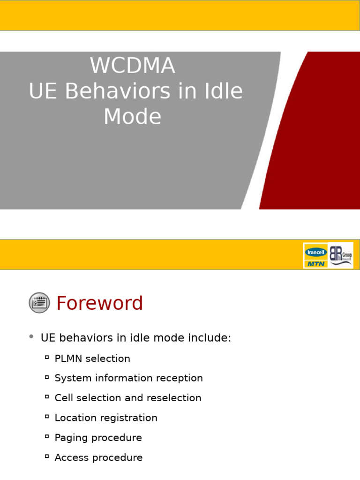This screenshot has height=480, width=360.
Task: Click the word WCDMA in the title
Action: [133, 66]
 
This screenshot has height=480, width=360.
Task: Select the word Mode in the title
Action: [132, 117]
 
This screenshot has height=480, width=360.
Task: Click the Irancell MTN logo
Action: [315, 255]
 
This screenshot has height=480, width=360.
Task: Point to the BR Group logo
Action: [340, 255]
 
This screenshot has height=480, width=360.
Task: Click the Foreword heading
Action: [99, 303]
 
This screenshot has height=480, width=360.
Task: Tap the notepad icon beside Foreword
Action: [39, 303]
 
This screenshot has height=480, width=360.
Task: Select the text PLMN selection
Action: [92, 359]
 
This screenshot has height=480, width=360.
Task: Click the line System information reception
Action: [128, 378]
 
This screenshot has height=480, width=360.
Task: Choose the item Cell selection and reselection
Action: [128, 398]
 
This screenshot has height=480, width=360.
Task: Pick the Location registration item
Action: [106, 418]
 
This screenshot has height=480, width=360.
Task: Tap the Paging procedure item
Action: [98, 438]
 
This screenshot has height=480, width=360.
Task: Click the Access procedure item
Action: [98, 457]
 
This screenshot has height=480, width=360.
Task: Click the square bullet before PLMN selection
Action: [47, 358]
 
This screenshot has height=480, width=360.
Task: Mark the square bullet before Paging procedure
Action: [47, 437]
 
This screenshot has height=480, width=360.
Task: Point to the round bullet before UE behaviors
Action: [31, 337]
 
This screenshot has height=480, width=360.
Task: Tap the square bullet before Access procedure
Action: [47, 457]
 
